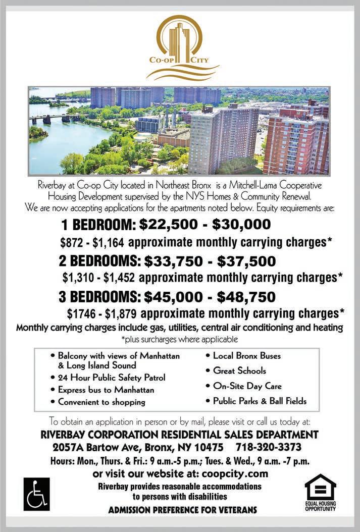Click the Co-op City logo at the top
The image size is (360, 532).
tap(182, 48)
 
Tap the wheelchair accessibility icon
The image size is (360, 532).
tap(36, 493)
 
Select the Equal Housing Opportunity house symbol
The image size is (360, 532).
tap(320, 487)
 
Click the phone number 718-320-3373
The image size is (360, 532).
tap(269, 448)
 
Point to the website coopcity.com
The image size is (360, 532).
tap(235, 474)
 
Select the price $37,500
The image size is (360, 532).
tap(246, 261)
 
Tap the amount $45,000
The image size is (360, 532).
tap(173, 296)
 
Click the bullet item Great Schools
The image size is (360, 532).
tap(239, 370)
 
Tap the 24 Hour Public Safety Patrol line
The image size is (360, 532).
tap(112, 378)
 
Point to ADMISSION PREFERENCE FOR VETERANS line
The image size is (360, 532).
tap(182, 510)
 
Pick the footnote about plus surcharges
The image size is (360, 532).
tap(180, 339)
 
